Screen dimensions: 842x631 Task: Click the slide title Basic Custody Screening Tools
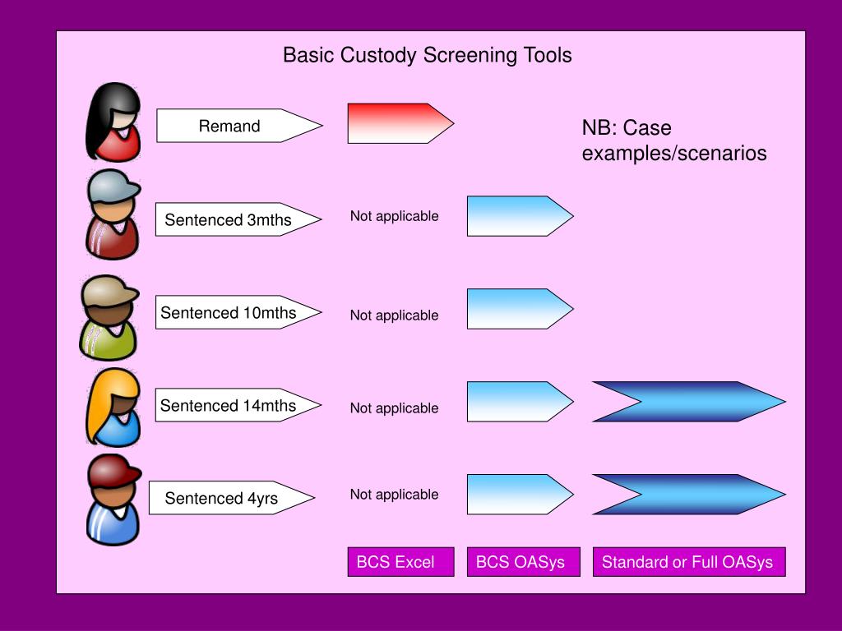(x=428, y=55)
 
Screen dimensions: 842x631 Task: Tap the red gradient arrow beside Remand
(x=400, y=123)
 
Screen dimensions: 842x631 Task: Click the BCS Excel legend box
(x=400, y=562)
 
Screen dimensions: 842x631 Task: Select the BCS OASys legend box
(x=524, y=562)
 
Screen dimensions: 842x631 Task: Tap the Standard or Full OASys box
(x=689, y=562)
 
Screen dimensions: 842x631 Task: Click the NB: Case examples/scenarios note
(x=674, y=140)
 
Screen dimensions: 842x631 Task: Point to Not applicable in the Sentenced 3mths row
(x=394, y=216)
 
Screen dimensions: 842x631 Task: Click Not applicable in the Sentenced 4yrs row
(x=394, y=495)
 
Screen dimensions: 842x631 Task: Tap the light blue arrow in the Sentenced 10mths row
(x=520, y=309)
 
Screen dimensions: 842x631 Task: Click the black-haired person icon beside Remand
(x=113, y=122)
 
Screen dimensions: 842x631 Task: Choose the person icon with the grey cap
(x=113, y=214)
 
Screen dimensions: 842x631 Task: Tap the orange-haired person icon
(x=113, y=407)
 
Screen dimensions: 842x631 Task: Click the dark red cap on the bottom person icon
(x=113, y=471)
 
